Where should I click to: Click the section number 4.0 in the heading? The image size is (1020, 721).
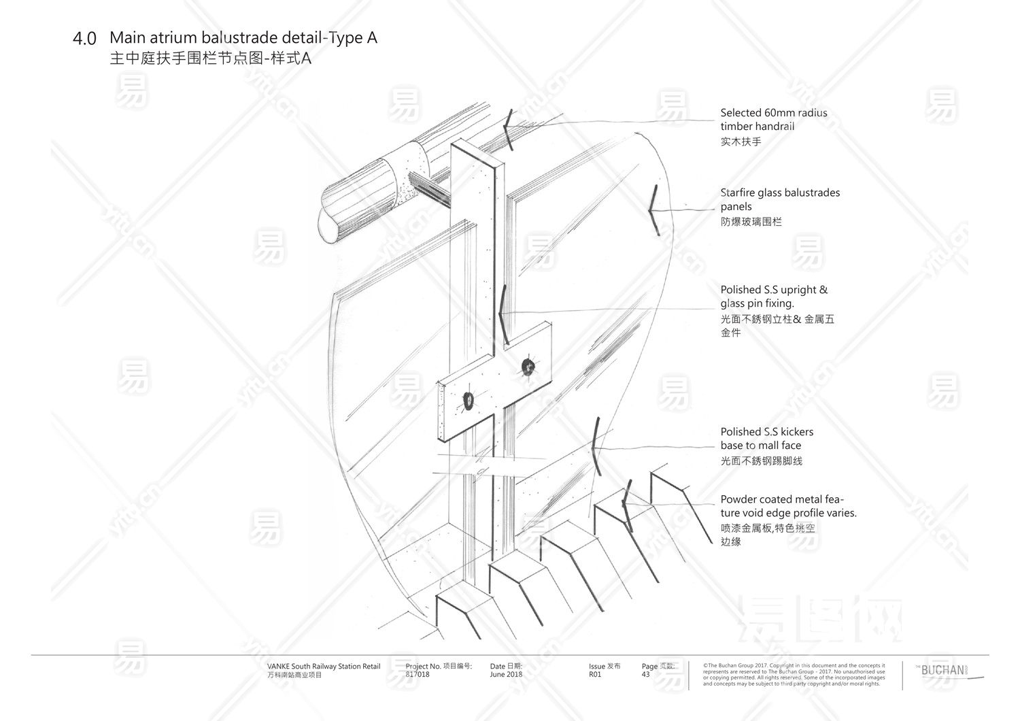point(84,39)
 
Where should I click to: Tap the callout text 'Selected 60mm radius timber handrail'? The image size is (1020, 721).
point(774,120)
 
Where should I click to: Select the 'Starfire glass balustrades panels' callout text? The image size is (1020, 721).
point(780,199)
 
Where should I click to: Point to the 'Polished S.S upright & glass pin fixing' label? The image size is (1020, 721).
point(774,297)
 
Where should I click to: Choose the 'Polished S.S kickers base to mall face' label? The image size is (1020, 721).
point(766,439)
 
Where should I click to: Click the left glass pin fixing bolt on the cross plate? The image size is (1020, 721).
point(469,401)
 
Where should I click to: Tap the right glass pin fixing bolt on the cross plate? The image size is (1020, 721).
point(527,367)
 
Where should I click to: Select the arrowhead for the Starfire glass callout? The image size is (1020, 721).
point(653,211)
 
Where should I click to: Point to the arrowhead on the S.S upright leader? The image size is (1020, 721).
point(502,314)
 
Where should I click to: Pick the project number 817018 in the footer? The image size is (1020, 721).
point(418,675)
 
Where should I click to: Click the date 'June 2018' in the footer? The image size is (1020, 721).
point(506,675)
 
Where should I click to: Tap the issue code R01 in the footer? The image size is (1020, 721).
point(595,675)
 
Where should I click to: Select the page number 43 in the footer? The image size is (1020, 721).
point(645,675)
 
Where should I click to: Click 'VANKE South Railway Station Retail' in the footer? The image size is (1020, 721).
point(324,667)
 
